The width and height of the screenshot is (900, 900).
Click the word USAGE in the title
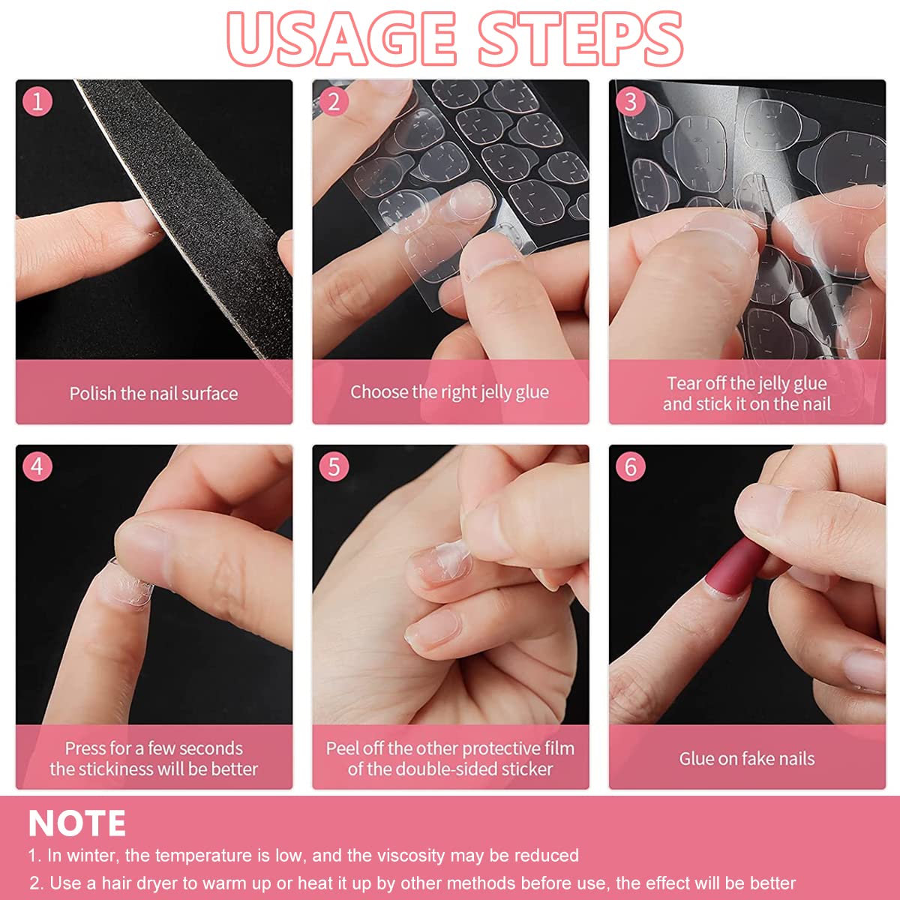tap(342, 37)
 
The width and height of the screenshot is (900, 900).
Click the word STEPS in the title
tap(580, 37)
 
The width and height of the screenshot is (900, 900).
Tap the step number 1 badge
tap(37, 101)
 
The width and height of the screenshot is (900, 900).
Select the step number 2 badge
tap(334, 101)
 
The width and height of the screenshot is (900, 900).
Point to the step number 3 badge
tap(630, 101)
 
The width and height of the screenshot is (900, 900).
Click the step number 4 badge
tap(37, 466)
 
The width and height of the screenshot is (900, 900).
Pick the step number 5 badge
tap(334, 466)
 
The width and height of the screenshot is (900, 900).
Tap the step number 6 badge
tap(630, 466)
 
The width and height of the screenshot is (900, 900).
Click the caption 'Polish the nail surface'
tap(154, 393)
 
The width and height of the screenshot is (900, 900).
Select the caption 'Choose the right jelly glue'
tap(449, 391)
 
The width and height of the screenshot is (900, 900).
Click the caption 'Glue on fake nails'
tap(747, 758)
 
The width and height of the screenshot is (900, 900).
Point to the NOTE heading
tap(76, 823)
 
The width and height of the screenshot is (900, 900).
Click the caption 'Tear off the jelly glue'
tap(747, 383)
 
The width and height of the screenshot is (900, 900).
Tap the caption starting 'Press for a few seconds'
tap(154, 748)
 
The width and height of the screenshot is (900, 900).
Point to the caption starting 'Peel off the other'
tap(450, 748)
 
